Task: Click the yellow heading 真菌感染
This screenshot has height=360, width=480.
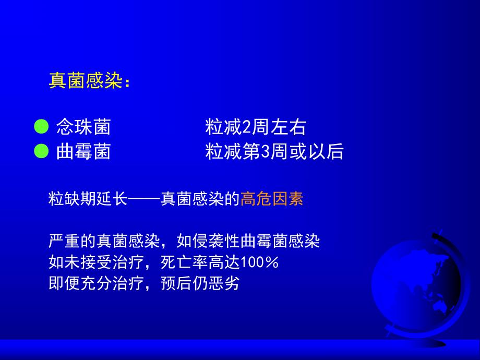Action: [x=85, y=81]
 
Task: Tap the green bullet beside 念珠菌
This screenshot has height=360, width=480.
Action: [x=40, y=127]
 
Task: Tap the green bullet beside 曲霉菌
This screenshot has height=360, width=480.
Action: [x=40, y=152]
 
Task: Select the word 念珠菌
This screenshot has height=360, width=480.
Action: [x=83, y=127]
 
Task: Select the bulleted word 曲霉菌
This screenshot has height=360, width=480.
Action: [x=83, y=152]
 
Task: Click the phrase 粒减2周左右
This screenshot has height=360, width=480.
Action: [x=256, y=127]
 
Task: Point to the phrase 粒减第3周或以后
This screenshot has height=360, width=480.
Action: [x=274, y=152]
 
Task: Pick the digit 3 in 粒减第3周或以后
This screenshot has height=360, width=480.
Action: [x=263, y=152]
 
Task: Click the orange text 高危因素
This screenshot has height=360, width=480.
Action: [x=272, y=199]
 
